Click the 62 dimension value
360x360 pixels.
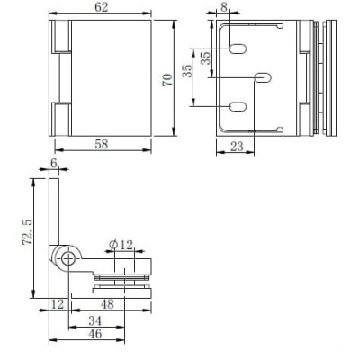pos(101,7)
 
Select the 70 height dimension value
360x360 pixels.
pos(167,80)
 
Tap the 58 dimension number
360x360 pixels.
pos(101,144)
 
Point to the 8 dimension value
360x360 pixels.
pos(224,7)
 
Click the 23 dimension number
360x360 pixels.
pos(237,147)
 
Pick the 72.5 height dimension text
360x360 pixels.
pos(27,231)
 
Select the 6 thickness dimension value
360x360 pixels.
pos(54,164)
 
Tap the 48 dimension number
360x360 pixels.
pos(107,304)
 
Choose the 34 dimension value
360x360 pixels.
pos(95,321)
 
